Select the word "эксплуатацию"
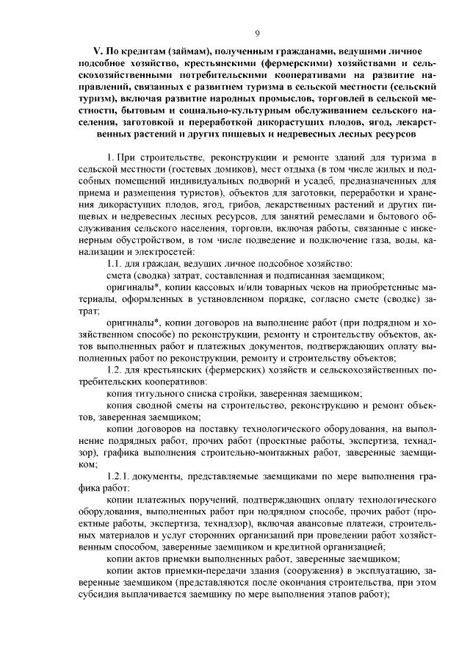[382, 569]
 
